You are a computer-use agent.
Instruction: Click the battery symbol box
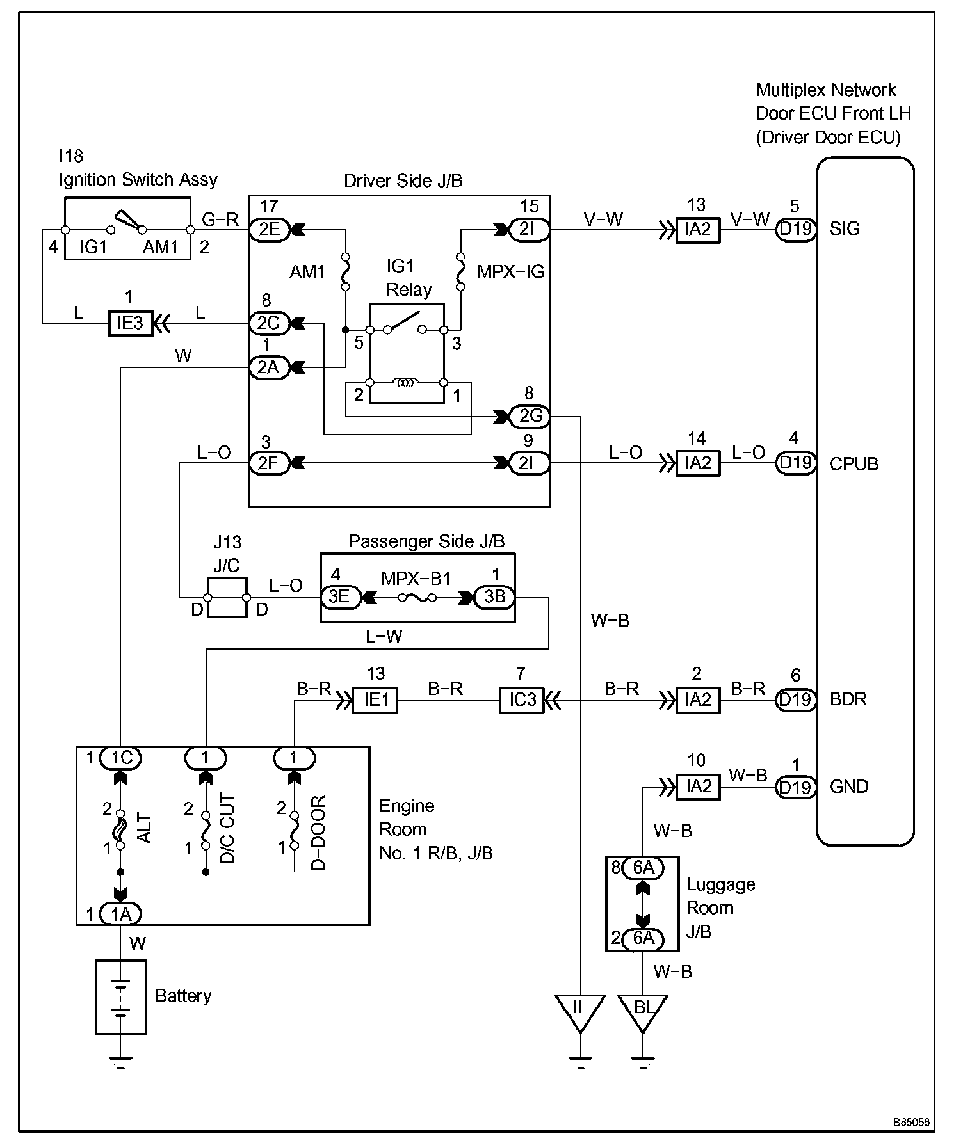tap(120, 997)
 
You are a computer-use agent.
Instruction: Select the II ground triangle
tap(579, 1012)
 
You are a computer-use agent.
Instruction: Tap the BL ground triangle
tap(643, 1012)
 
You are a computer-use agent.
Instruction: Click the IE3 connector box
tap(130, 323)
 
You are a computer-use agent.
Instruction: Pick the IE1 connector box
tap(376, 700)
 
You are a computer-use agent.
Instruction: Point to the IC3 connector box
tap(521, 700)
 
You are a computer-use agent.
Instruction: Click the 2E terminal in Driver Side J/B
tap(270, 229)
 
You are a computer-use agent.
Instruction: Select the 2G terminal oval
tap(530, 417)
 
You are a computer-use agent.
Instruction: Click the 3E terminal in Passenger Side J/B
tap(341, 597)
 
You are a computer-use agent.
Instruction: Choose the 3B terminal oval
tap(494, 597)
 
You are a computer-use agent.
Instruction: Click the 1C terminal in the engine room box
tap(121, 758)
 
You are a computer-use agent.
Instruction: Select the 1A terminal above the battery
tap(121, 915)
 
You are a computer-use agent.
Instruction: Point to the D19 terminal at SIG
tap(796, 229)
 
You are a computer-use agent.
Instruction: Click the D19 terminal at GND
tap(796, 787)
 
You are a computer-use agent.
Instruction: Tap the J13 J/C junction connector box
tap(227, 598)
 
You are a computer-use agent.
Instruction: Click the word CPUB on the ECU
tap(854, 463)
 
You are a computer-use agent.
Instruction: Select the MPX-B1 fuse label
tap(416, 579)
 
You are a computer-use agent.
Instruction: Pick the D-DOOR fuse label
tap(318, 833)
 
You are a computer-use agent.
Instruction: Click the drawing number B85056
tap(912, 1122)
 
